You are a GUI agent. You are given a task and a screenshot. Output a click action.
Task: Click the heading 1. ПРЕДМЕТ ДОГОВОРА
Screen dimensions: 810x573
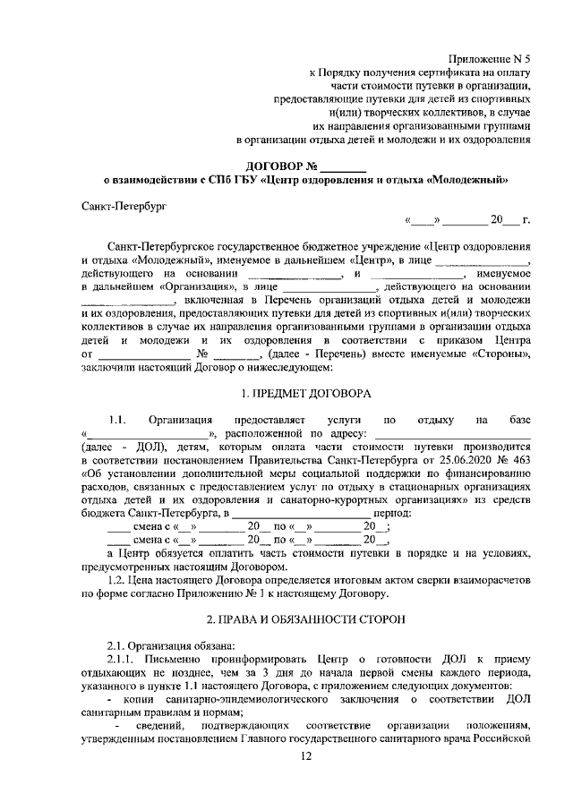coord(306,394)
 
